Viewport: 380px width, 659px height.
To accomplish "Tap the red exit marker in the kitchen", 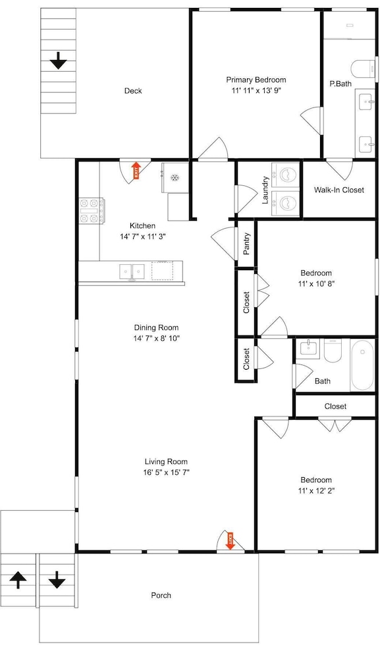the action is pos(136,171).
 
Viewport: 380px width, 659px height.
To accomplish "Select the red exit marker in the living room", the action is pos(230,541).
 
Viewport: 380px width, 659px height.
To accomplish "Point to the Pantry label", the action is pos(247,244).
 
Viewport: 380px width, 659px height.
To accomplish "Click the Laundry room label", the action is pos(265,190).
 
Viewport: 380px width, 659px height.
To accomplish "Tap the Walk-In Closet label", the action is pos(339,190).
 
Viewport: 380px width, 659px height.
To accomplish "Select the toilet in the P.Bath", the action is pos(363,69).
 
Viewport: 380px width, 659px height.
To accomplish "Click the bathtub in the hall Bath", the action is pos(362,365).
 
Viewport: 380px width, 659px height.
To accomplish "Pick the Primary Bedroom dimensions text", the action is pos(256,90).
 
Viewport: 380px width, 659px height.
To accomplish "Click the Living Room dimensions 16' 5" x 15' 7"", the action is pos(166,473).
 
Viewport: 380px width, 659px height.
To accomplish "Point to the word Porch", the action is pos(161,595).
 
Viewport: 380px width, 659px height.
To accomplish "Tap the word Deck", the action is pos(133,91).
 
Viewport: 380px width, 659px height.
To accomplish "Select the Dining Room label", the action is pos(156,328).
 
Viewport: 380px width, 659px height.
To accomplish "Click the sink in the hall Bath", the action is pos(308,349).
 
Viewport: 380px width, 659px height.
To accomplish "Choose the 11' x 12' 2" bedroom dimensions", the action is pos(316,490).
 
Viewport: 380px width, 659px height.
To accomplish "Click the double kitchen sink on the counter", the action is pos(132,271).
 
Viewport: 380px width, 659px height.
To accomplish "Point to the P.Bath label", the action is pos(340,84).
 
